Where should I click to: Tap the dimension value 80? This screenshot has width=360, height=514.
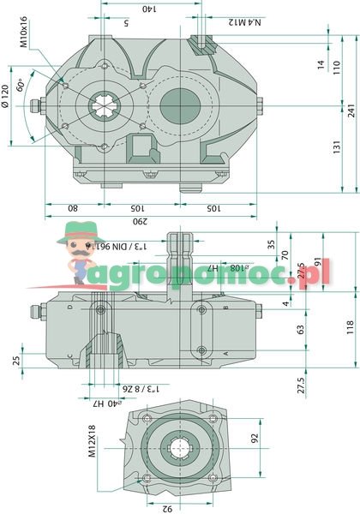pos(72,207)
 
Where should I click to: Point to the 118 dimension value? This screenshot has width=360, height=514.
pos(350,327)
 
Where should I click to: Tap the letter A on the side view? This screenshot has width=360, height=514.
pos(225,353)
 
